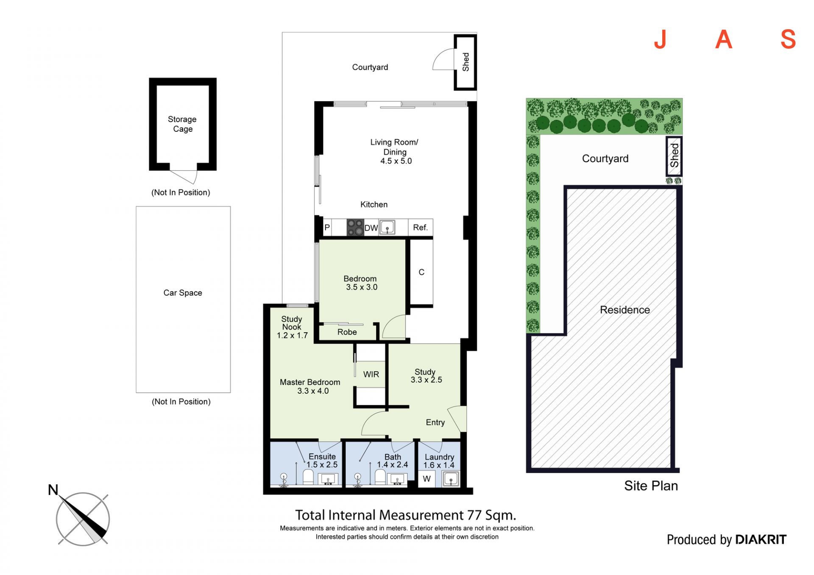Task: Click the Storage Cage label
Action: tap(182, 124)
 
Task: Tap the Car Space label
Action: tap(183, 293)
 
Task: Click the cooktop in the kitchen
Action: tap(355, 227)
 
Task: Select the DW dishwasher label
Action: tap(371, 228)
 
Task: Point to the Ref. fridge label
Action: tap(420, 228)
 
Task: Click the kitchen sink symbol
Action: tap(387, 227)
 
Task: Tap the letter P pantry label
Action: tap(327, 228)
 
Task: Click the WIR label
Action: tap(371, 375)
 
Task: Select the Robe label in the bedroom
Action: tap(347, 332)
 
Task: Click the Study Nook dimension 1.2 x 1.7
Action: tap(292, 336)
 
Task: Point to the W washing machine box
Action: tap(427, 479)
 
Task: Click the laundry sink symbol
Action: tap(451, 479)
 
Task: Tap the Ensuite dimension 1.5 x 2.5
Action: tap(322, 465)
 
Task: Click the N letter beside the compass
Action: tap(53, 490)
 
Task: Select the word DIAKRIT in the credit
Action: tap(761, 539)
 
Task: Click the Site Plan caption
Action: tap(651, 486)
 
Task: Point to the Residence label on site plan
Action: tap(625, 310)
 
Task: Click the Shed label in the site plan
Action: tap(674, 156)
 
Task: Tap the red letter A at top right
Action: tap(724, 39)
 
